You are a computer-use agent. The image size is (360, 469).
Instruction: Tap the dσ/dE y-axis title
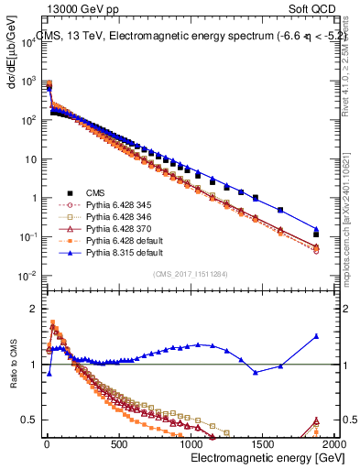[13, 51]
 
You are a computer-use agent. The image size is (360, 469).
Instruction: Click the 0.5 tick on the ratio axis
[27, 420]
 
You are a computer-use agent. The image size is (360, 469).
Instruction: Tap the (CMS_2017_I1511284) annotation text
[189, 273]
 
